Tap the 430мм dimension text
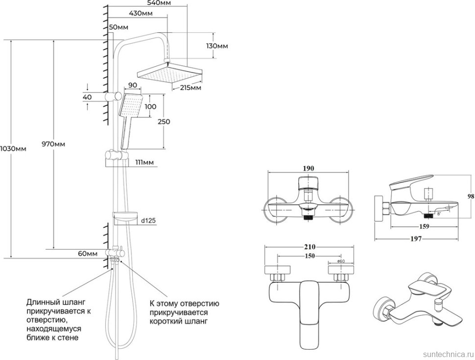click(141, 13)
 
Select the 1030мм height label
click(13, 149)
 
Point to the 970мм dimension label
click(53, 144)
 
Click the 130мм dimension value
click(217, 46)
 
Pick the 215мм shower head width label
click(191, 88)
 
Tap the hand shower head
click(131, 105)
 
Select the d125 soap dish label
click(148, 220)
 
